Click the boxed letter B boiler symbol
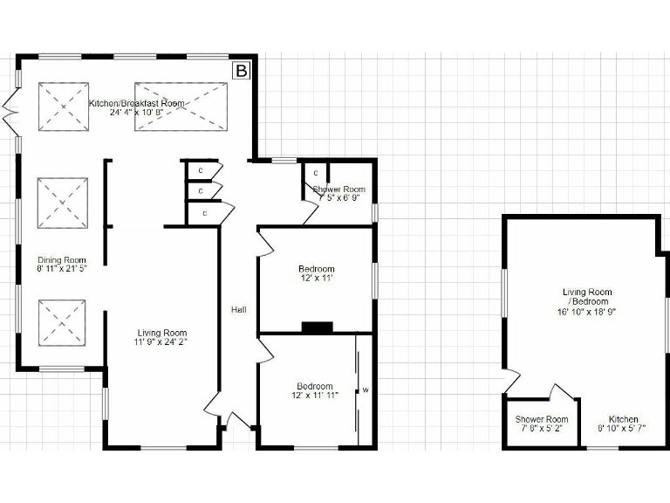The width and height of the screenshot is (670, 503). [242, 69]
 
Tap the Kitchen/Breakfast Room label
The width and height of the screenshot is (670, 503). [137, 103]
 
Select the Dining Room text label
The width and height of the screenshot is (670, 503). [62, 260]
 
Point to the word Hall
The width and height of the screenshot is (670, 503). [238, 310]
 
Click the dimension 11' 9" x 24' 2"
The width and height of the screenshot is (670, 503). [162, 342]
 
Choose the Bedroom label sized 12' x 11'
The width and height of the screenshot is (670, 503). [316, 269]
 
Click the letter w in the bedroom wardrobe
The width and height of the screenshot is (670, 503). [366, 390]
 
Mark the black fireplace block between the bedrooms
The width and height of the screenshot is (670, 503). [317, 328]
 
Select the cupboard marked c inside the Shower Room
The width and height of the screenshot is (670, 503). [315, 174]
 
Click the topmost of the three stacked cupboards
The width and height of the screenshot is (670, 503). [201, 169]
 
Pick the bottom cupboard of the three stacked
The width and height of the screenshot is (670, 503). [205, 213]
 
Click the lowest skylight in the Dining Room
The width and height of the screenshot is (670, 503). [62, 322]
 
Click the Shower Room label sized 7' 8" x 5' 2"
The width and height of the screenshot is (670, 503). [542, 419]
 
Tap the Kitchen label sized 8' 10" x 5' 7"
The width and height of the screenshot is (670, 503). [624, 419]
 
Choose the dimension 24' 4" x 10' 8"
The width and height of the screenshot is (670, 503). [137, 113]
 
